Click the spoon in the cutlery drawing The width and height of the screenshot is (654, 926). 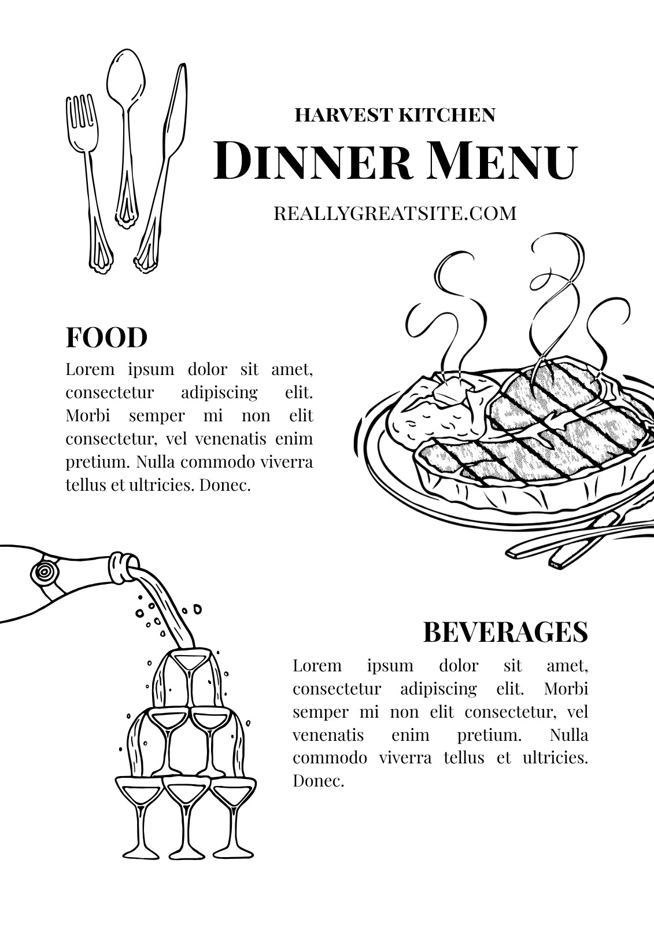pos(125,137)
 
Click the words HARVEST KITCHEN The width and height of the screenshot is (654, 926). pos(395,115)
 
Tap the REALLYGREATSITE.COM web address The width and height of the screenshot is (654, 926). pos(396,214)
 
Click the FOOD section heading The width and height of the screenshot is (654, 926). pos(106,337)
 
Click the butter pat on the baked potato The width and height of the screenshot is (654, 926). pos(456,390)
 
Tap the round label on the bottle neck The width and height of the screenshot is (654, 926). pos(44,572)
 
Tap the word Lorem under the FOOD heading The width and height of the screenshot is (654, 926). pos(90,369)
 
